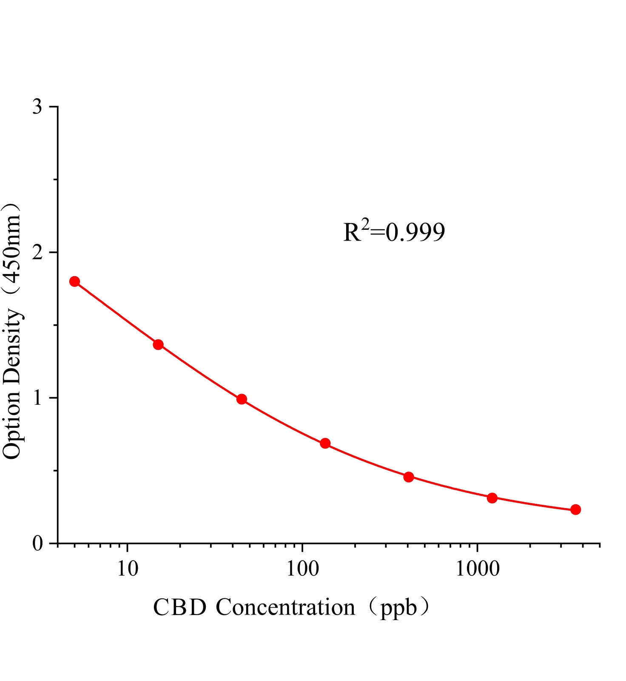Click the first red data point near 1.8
coord(74,281)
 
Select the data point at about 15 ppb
coord(158,344)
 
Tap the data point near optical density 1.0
coord(242,399)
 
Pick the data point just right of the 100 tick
coord(325,443)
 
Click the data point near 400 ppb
coord(409,477)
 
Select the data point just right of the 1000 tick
coord(492,498)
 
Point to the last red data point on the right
coord(575,509)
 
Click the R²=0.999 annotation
coord(394,232)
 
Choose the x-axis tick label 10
coord(127,569)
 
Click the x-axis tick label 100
coord(302,569)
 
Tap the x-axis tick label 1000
coord(477,569)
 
